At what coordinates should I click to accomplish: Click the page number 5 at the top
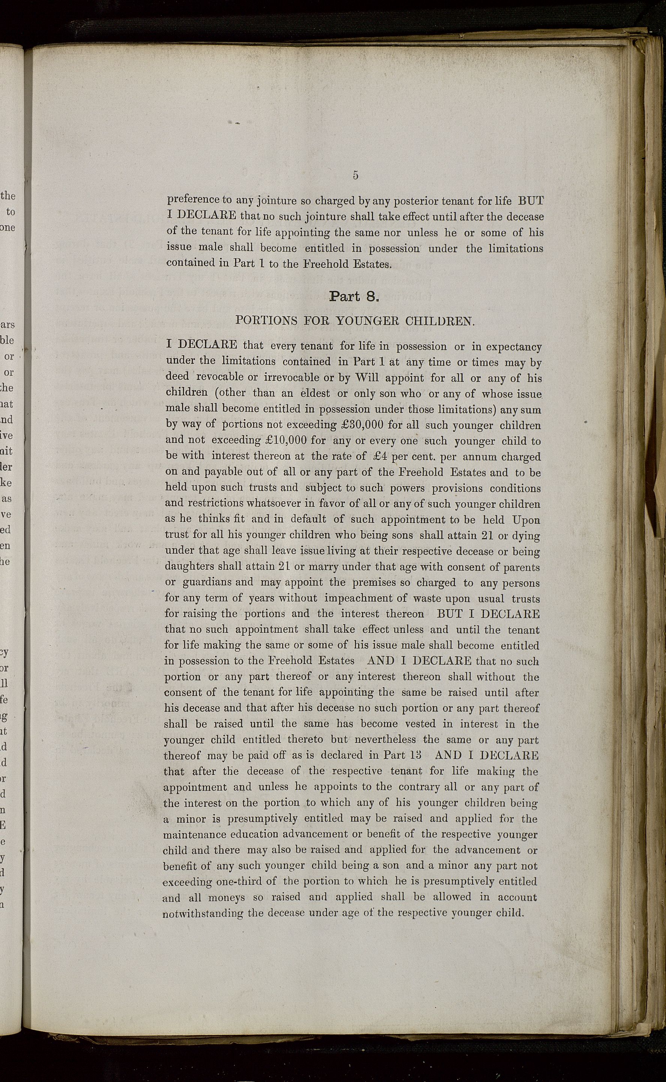pyautogui.click(x=355, y=175)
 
